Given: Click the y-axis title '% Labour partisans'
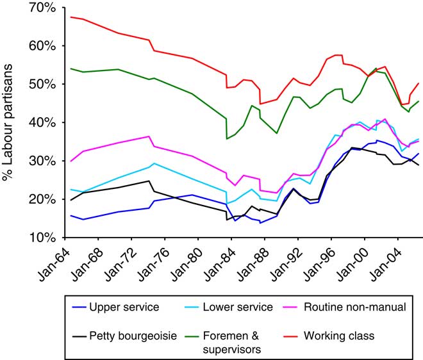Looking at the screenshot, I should [9, 122].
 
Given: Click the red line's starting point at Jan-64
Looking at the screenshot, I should [70, 17].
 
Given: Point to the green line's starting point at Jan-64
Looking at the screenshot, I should [70, 68].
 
